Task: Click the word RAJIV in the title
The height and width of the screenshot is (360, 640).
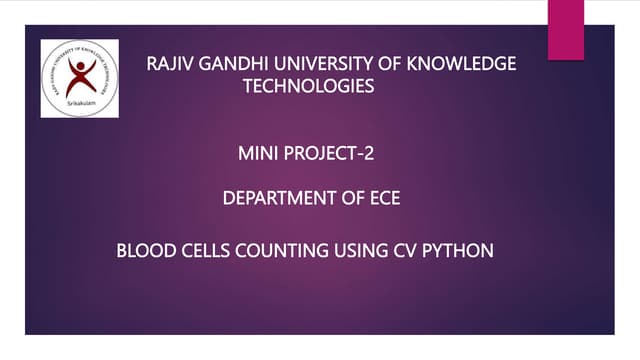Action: pyautogui.click(x=168, y=66)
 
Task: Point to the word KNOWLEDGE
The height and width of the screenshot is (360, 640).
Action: pyautogui.click(x=468, y=66)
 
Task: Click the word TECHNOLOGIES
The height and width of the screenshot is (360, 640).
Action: pyautogui.click(x=309, y=87)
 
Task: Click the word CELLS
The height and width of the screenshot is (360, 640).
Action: pyautogui.click(x=203, y=250)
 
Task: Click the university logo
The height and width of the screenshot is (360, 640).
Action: pyautogui.click(x=79, y=78)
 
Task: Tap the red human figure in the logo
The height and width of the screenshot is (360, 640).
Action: pyautogui.click(x=80, y=74)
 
